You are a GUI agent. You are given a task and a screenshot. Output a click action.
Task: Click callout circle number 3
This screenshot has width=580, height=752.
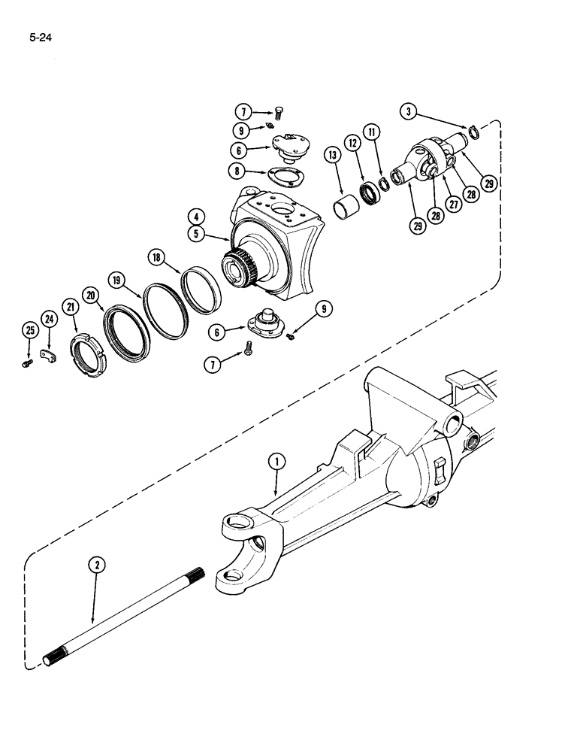click(x=409, y=113)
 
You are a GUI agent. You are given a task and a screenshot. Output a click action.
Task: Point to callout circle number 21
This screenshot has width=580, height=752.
click(x=71, y=307)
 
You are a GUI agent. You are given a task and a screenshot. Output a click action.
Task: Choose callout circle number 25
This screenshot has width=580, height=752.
click(x=29, y=330)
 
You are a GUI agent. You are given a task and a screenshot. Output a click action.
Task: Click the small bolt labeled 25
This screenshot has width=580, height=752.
click(x=28, y=363)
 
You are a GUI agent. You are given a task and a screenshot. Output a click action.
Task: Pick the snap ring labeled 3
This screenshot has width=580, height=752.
click(x=473, y=134)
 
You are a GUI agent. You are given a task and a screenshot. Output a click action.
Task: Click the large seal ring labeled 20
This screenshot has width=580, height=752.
click(x=129, y=326)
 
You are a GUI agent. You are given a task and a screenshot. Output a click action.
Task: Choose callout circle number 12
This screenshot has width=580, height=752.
click(x=352, y=142)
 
